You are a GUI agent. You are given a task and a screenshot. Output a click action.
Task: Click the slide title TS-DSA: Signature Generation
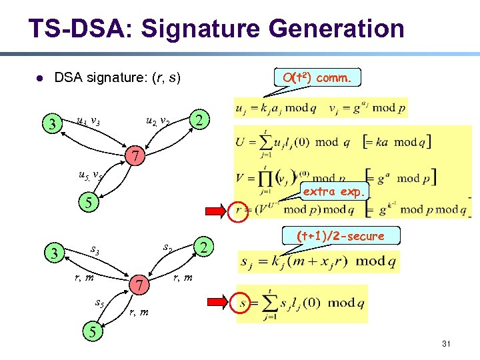[x=216, y=29]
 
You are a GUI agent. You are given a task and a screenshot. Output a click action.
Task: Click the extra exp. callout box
[x=334, y=192]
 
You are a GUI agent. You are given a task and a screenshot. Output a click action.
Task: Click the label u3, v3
[x=88, y=121]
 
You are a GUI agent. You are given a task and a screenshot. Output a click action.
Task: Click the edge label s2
[x=168, y=247]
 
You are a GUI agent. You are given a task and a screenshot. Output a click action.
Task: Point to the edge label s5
[x=100, y=303]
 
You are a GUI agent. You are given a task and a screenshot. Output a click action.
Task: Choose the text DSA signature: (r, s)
[x=117, y=78]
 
